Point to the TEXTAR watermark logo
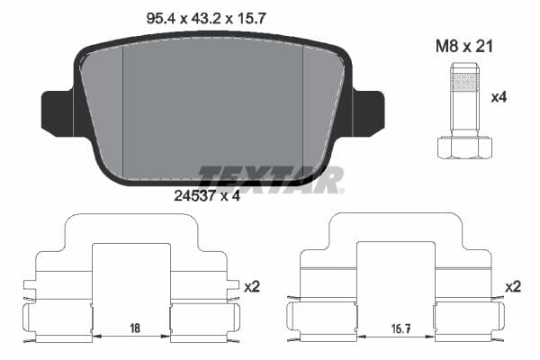[x=270, y=177]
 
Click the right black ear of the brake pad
[x=367, y=111]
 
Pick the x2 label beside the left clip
[x=252, y=286]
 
